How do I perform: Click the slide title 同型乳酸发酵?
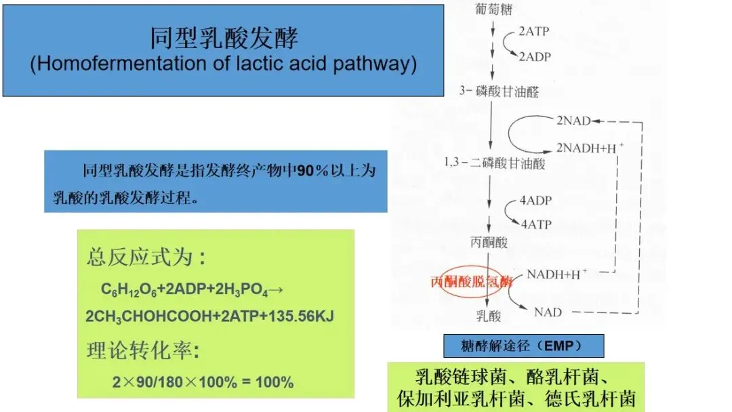[224, 38]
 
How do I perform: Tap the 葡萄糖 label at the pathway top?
[493, 9]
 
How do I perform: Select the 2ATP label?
[535, 32]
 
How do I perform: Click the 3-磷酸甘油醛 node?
[499, 91]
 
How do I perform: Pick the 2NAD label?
[573, 121]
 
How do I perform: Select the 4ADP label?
[535, 202]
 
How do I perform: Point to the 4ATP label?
[535, 224]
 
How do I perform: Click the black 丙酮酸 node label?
[488, 242]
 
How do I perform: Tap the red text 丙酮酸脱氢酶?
[472, 282]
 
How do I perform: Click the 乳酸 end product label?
[488, 315]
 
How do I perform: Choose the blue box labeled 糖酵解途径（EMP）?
[523, 346]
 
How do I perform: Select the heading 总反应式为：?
[146, 258]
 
